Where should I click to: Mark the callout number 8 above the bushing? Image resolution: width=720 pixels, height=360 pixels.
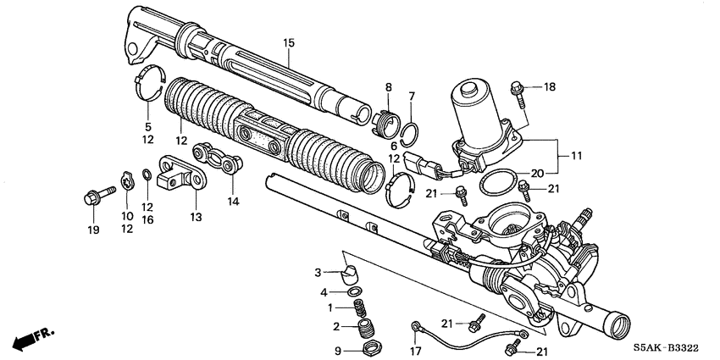point(389,87)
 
